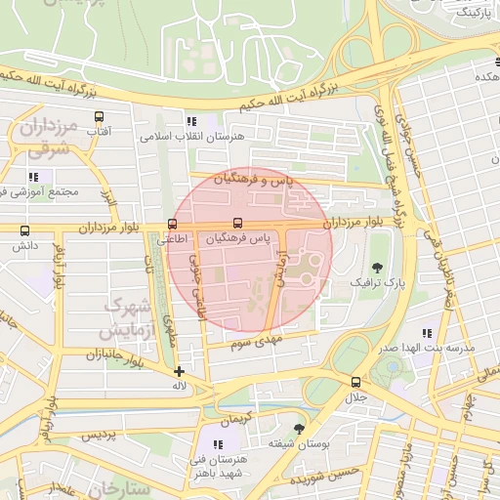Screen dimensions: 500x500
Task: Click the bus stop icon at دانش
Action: [x=24, y=230]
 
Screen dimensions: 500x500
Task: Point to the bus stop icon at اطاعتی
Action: [x=173, y=224]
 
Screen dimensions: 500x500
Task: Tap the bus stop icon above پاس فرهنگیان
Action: [x=238, y=224]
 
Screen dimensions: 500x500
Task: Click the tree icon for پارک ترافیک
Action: [x=377, y=268]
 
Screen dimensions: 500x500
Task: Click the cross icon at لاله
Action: [x=179, y=371]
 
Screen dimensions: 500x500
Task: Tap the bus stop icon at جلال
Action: [x=354, y=382]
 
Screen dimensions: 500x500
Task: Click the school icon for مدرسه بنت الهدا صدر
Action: [x=426, y=333]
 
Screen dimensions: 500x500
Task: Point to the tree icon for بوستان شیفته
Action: [x=298, y=428]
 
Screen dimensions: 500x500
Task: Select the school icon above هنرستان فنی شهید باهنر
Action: [x=218, y=444]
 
